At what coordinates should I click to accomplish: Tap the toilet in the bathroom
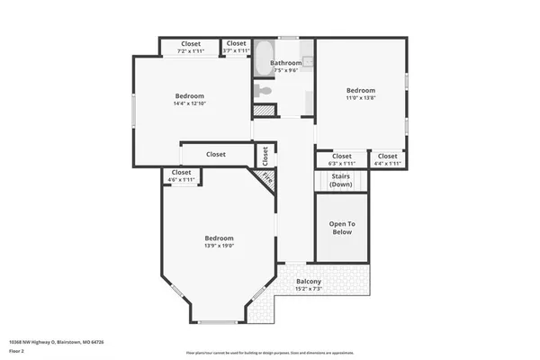point(262,90)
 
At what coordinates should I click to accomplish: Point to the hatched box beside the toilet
point(262,110)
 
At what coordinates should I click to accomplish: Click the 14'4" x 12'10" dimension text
point(189,104)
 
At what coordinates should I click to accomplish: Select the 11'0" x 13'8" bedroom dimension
point(360,99)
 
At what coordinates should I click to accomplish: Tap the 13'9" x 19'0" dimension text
point(219,246)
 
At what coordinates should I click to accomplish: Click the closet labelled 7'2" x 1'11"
point(191,47)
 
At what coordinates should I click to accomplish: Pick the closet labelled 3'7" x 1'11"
point(236,47)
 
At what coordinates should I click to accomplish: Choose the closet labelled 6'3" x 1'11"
point(341,159)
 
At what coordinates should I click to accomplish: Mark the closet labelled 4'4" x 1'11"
point(388,159)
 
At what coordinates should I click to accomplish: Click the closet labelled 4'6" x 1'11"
point(181,175)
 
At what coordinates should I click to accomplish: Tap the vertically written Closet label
point(265,155)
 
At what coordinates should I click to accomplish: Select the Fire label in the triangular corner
point(267,177)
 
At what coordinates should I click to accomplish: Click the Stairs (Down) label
point(341,180)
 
